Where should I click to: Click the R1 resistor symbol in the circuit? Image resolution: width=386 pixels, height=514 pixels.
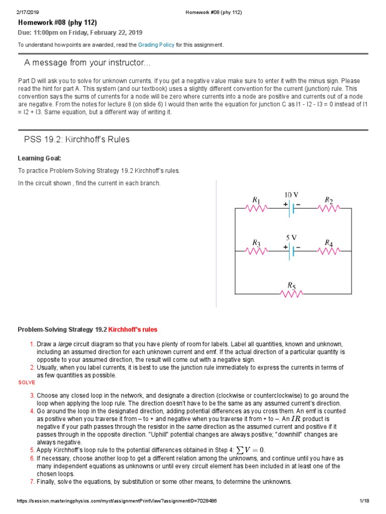coord(256,208)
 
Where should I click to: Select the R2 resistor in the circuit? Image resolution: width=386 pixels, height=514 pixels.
coord(329,208)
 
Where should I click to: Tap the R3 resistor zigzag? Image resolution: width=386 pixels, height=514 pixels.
coord(256,251)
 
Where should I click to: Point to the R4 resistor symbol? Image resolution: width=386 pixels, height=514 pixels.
coord(329,251)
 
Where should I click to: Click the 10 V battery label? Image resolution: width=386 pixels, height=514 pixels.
coord(292,194)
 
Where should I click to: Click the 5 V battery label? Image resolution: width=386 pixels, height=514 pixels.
coord(292,237)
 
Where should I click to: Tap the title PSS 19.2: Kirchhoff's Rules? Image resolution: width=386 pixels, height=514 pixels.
coord(77,140)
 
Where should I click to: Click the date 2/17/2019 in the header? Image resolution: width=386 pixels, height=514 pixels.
coord(29,13)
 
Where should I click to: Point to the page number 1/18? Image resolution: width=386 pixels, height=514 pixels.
coord(364,501)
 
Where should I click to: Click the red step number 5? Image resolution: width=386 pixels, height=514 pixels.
coord(32,450)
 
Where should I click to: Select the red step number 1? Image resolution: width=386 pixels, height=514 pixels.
coord(32,344)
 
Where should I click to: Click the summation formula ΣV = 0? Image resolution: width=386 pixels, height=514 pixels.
coord(253,450)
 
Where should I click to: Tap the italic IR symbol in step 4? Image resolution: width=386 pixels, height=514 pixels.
coord(296,418)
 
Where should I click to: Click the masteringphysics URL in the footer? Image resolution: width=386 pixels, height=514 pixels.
coord(117,501)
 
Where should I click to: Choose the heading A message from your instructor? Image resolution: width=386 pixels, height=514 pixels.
coord(87,63)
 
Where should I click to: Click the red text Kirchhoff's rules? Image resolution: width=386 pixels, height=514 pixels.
coord(133,330)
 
